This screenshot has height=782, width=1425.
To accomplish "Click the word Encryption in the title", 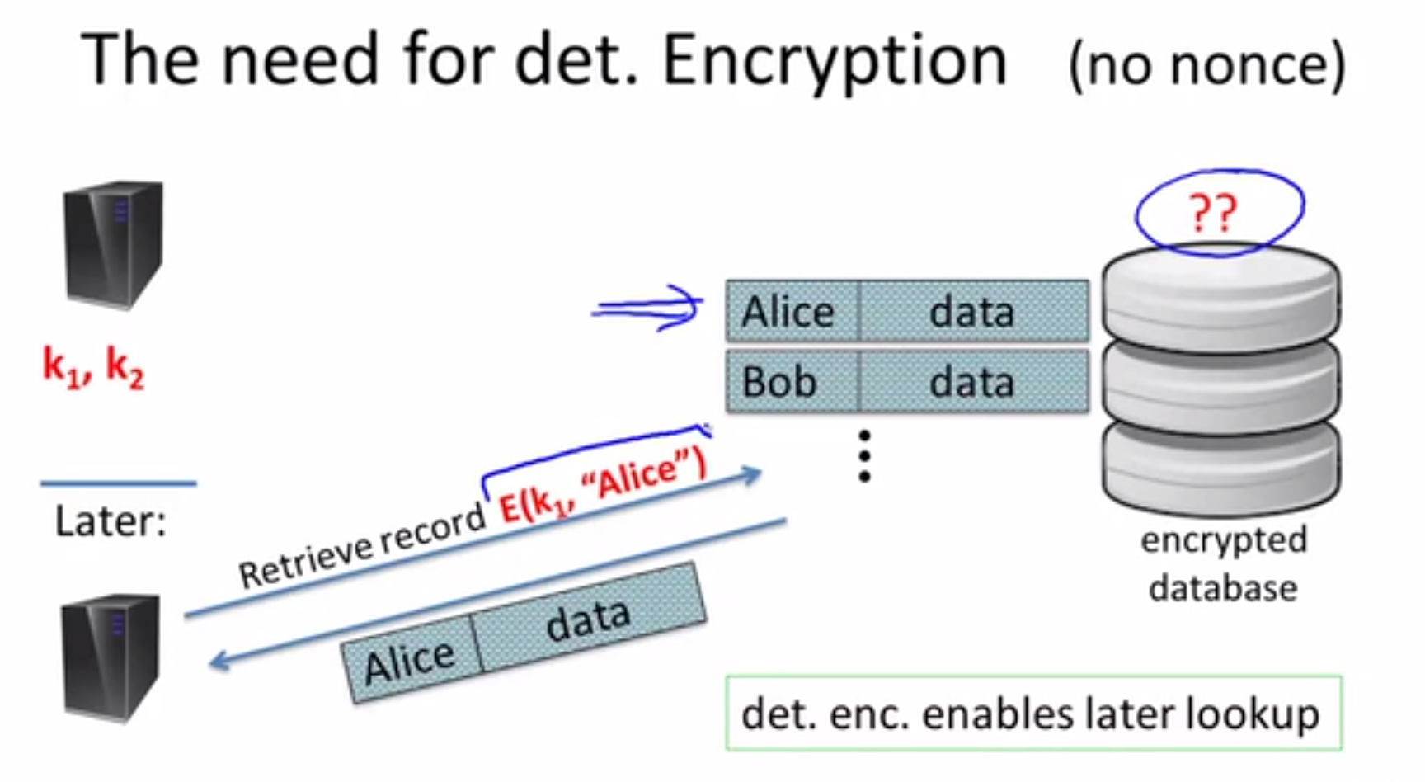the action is pos(835,63).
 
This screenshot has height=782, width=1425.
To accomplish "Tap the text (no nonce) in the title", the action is pos(1206,65).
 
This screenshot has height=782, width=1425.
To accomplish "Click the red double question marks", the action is pos(1213,213).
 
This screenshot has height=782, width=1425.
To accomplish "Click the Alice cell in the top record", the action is pos(792,311).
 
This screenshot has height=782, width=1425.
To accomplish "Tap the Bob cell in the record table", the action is pos(792,381).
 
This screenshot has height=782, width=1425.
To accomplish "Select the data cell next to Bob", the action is pos(974,381).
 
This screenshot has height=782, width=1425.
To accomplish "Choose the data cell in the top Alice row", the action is pos(974,311).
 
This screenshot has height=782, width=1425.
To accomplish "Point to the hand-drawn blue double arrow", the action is pos(647,309).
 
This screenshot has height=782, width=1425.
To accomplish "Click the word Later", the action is pos(111,521).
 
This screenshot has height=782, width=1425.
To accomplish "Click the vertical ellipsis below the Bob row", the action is pos(864,456).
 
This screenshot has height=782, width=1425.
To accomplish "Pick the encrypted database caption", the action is pos(1223,563).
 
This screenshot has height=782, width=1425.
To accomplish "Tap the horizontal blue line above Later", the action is pos(119,483).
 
